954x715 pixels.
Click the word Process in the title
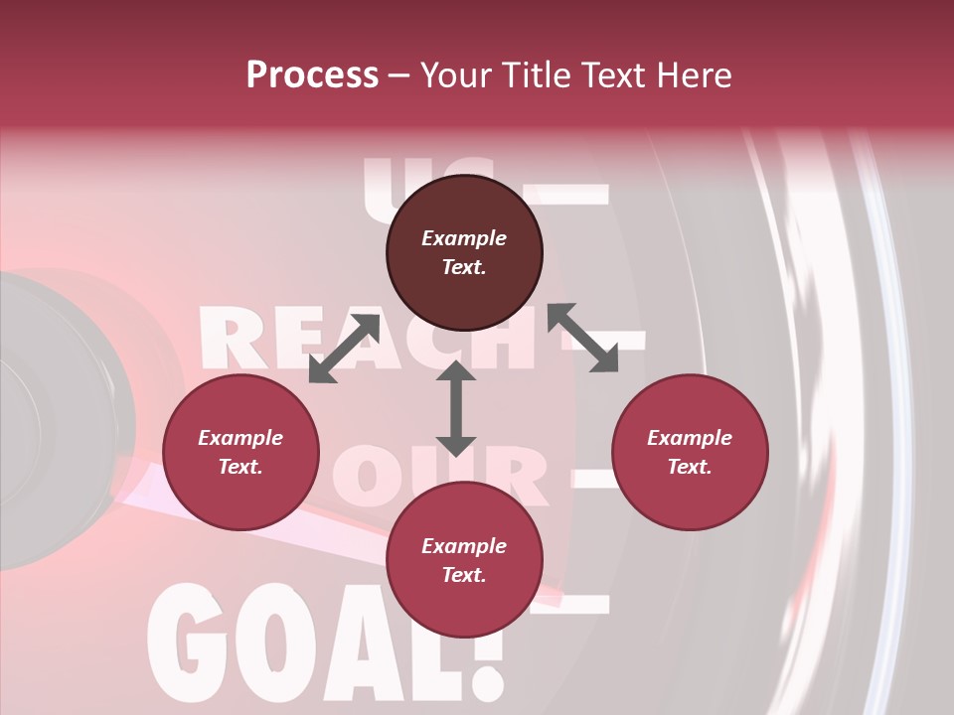(x=312, y=75)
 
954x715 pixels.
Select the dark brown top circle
(x=464, y=253)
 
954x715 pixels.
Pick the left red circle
(x=240, y=452)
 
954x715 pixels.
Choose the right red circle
(x=690, y=452)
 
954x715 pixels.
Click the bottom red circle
(x=464, y=560)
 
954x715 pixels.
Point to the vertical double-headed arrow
(x=456, y=408)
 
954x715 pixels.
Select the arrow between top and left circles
(x=344, y=349)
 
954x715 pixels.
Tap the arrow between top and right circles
(x=582, y=338)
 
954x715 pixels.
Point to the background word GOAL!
(x=328, y=645)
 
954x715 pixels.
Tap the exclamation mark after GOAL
(x=484, y=650)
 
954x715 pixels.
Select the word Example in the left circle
(x=240, y=438)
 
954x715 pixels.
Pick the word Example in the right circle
(x=690, y=438)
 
